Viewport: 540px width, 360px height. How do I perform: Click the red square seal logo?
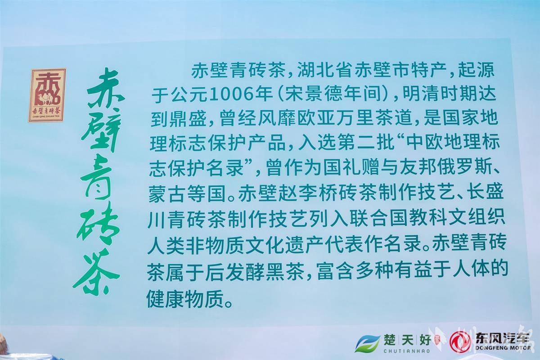click(47, 95)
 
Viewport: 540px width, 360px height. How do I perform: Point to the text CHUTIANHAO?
click(407, 351)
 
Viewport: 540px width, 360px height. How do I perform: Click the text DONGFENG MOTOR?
click(503, 348)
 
